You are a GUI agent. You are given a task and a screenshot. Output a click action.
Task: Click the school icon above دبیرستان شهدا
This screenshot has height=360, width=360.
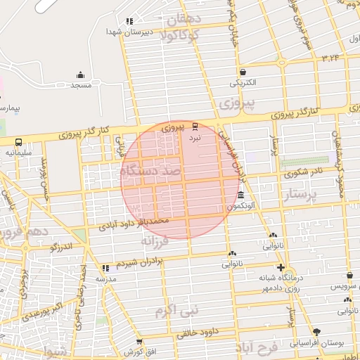tap(128, 22)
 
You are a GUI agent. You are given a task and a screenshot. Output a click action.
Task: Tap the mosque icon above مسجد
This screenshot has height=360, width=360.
tap(81, 75)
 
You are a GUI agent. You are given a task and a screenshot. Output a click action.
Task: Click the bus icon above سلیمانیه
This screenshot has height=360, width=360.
tap(18, 141)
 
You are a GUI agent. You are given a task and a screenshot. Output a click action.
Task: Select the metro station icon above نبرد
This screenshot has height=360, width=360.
tap(195, 127)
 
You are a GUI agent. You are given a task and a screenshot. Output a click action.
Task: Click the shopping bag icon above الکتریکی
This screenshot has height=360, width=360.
tap(243, 72)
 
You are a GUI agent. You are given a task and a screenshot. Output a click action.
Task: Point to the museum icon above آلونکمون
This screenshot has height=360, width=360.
tap(241, 195)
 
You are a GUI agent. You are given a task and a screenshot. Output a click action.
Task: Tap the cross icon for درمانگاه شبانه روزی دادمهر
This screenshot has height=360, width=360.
tap(281, 268)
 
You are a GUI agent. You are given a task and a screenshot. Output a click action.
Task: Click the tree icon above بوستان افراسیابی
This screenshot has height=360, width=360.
tap(317, 330)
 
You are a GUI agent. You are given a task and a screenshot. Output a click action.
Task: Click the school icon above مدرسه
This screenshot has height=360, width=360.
tap(105, 268)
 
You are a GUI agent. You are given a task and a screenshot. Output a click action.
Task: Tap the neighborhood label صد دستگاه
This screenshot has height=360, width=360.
tap(150, 171)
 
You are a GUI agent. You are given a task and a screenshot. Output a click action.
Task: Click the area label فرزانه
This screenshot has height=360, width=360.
tap(156, 241)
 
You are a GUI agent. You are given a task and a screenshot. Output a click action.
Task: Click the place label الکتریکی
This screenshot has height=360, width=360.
tap(243, 82)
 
